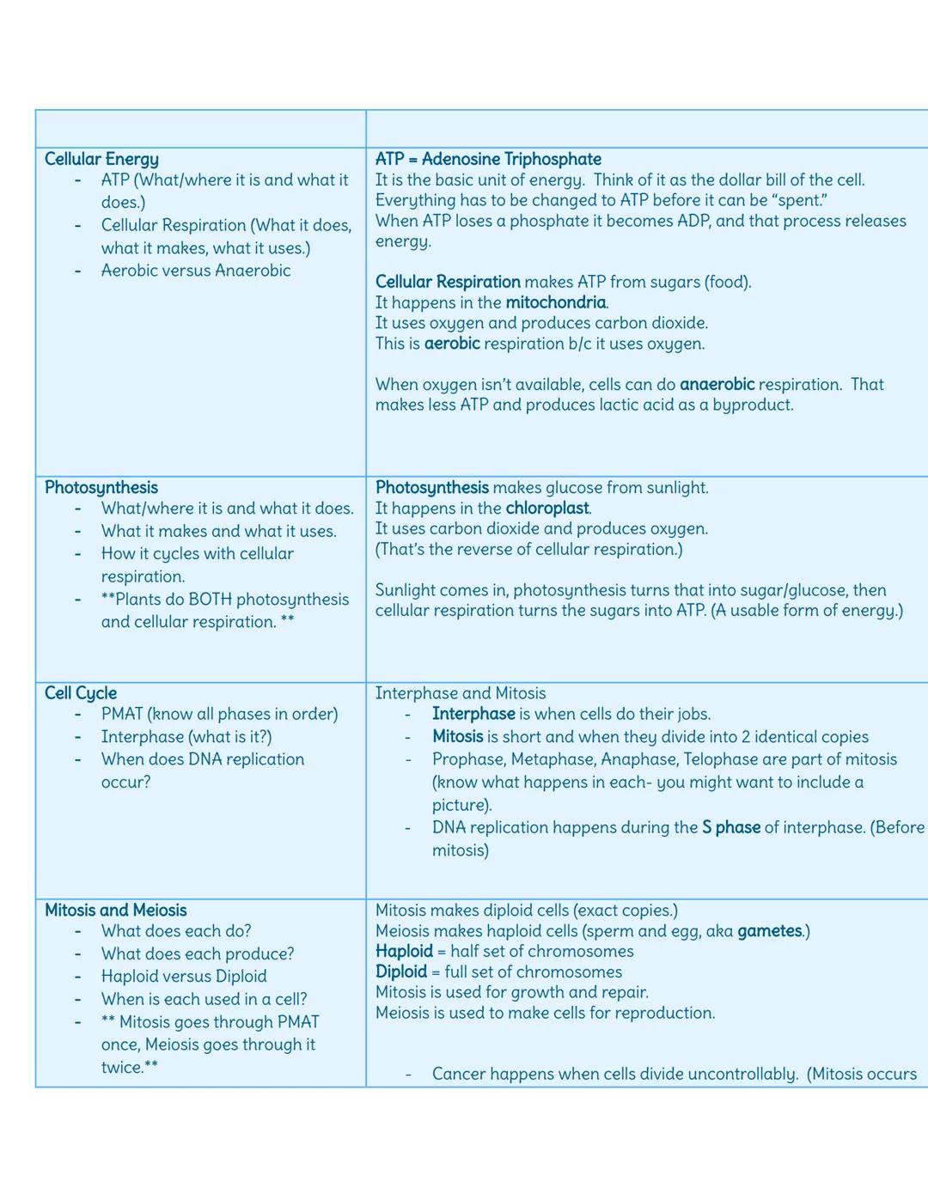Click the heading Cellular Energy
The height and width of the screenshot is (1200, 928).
(x=101, y=159)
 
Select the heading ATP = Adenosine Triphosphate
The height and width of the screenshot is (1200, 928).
(x=488, y=159)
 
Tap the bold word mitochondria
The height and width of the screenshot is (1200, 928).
(x=555, y=302)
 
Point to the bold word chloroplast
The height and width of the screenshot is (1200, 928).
(x=547, y=509)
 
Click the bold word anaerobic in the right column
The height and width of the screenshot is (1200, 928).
(x=717, y=385)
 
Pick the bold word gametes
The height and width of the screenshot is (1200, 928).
(x=769, y=931)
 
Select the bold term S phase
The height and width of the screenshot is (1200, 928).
(x=730, y=828)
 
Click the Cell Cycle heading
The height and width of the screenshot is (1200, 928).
(x=81, y=693)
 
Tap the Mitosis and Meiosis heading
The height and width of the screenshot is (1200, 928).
(x=115, y=911)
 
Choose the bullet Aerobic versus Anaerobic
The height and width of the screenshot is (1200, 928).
(x=196, y=271)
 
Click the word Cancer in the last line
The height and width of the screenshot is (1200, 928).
(x=461, y=1074)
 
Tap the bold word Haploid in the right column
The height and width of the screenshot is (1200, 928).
(x=404, y=952)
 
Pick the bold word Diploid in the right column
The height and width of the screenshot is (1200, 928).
(x=401, y=972)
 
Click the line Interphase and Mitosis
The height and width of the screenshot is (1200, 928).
(x=461, y=693)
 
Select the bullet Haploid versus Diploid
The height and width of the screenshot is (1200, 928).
(x=184, y=977)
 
